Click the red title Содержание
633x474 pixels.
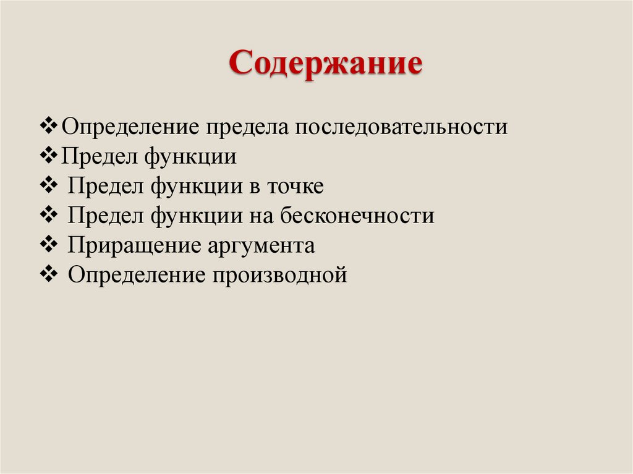(326, 64)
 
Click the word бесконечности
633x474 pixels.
(357, 216)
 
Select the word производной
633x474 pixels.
(281, 275)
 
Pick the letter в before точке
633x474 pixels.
(255, 186)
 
